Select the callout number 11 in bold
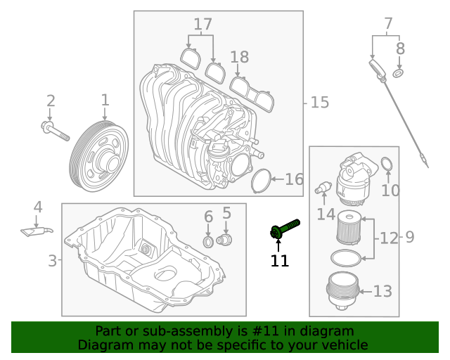coord(280,261)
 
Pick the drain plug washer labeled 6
coord(208,243)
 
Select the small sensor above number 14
coord(323,188)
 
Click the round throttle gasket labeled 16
coord(262,180)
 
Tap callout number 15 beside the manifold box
coord(319,103)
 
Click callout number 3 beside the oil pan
coord(52,261)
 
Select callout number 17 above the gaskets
coord(202,25)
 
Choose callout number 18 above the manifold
coord(239,58)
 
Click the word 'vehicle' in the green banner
coord(342,345)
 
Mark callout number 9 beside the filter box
coord(409,238)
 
